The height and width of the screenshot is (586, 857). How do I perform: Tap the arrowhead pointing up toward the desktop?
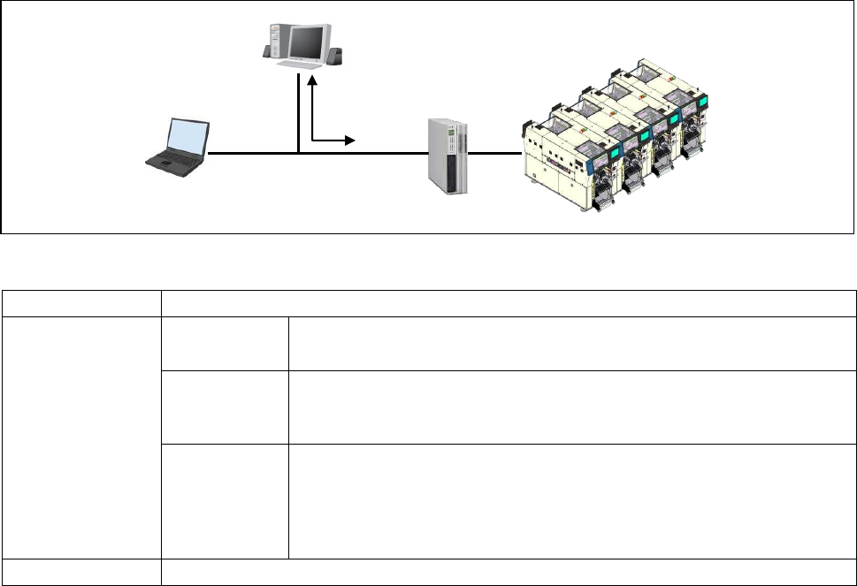pyautogui.click(x=312, y=80)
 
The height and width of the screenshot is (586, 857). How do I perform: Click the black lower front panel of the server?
pyautogui.click(x=453, y=172)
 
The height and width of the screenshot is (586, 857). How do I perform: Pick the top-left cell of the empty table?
pyautogui.click(x=80, y=303)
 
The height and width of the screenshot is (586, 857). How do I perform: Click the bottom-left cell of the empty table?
pyautogui.click(x=80, y=572)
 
